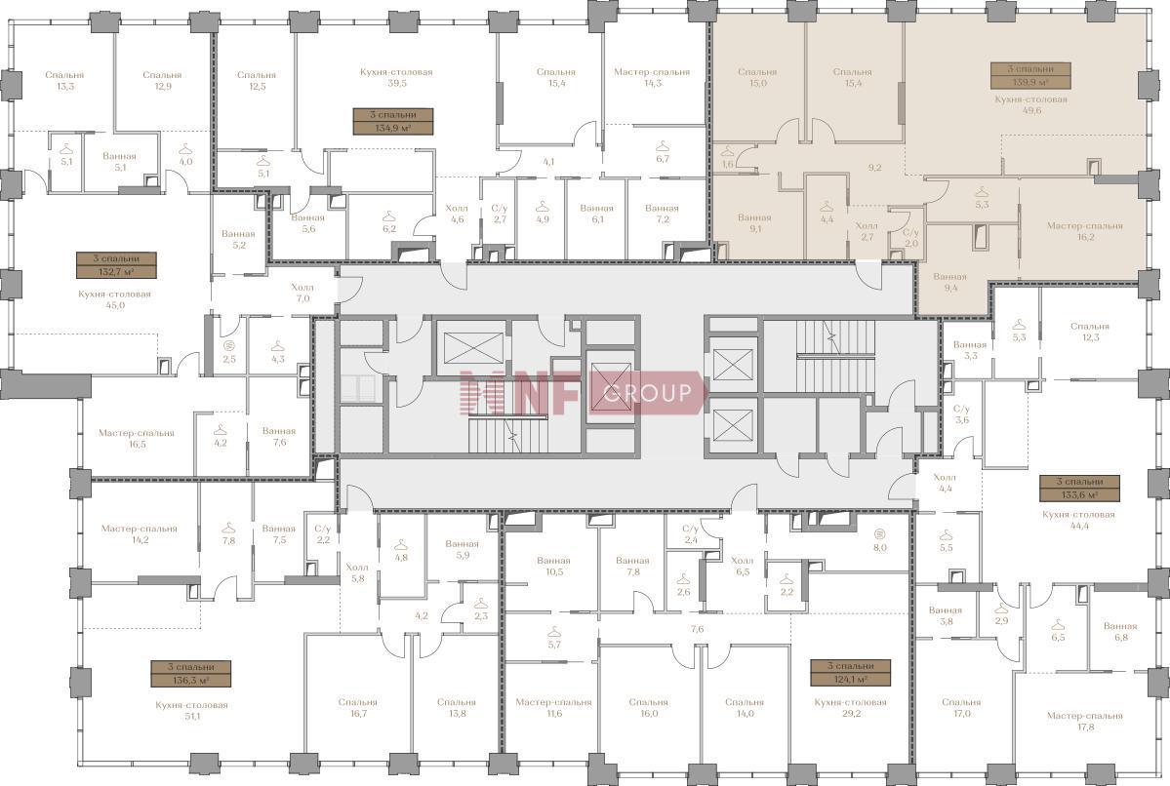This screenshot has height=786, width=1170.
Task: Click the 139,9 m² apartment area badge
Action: point(1030,76)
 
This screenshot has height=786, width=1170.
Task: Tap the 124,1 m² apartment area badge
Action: point(851,673)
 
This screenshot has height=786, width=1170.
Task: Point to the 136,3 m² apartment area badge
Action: point(191,674)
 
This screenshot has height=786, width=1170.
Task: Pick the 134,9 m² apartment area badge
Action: point(392,121)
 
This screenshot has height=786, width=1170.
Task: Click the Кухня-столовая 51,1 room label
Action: point(192,710)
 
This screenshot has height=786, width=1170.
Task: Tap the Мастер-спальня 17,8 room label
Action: point(1084,721)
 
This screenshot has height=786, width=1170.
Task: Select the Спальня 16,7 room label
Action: point(357,707)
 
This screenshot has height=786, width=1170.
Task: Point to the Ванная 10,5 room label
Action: point(553,566)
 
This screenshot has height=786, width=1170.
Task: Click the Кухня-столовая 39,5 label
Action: point(396,78)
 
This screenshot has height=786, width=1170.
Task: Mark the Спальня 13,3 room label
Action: point(65,80)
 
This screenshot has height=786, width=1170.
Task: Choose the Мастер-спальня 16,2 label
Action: point(1084,231)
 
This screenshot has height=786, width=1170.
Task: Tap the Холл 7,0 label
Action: point(303,293)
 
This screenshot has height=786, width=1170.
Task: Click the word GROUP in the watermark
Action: point(648,392)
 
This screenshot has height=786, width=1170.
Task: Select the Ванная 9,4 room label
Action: point(949,282)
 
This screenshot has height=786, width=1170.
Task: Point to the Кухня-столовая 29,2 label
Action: point(851,707)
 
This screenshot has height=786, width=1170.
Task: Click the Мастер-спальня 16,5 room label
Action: point(137,438)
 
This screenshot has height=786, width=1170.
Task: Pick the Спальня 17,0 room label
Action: point(961,707)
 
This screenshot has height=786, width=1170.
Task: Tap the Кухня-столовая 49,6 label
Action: point(1030,104)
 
